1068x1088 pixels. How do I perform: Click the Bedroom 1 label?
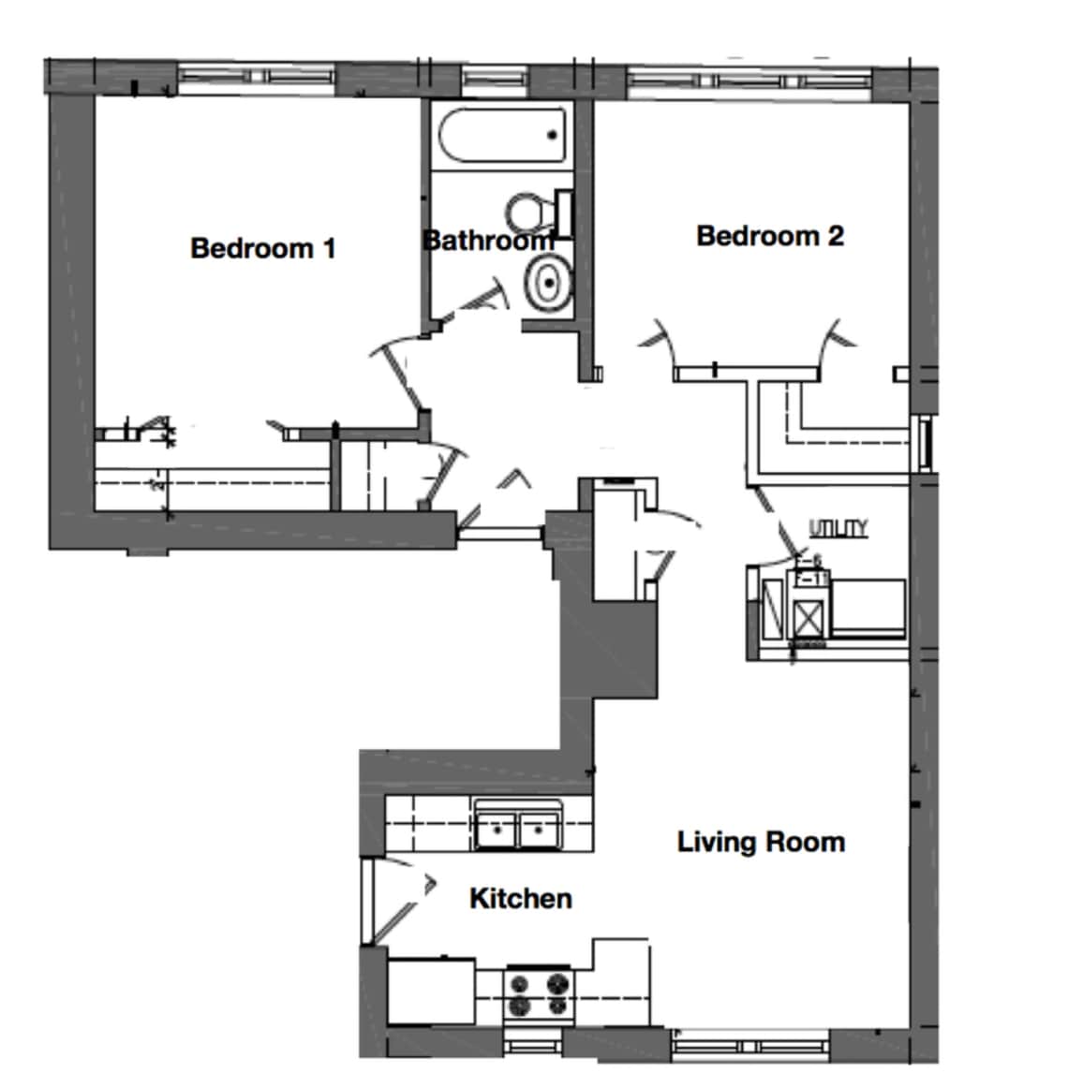point(262,248)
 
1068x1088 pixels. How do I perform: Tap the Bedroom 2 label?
point(769,236)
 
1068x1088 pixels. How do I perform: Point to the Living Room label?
point(761,842)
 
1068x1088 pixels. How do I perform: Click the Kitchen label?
point(520,899)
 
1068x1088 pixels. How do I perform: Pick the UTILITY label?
point(838,529)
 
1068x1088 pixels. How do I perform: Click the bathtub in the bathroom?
point(503,137)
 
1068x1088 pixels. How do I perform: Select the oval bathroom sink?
point(548,282)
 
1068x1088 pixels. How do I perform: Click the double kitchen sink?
point(518,826)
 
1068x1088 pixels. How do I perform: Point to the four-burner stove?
point(539,993)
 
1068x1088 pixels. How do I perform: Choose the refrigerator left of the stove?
point(431,991)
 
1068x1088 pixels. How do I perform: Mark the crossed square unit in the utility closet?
point(808,614)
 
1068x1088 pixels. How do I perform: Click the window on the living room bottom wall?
point(750,1042)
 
